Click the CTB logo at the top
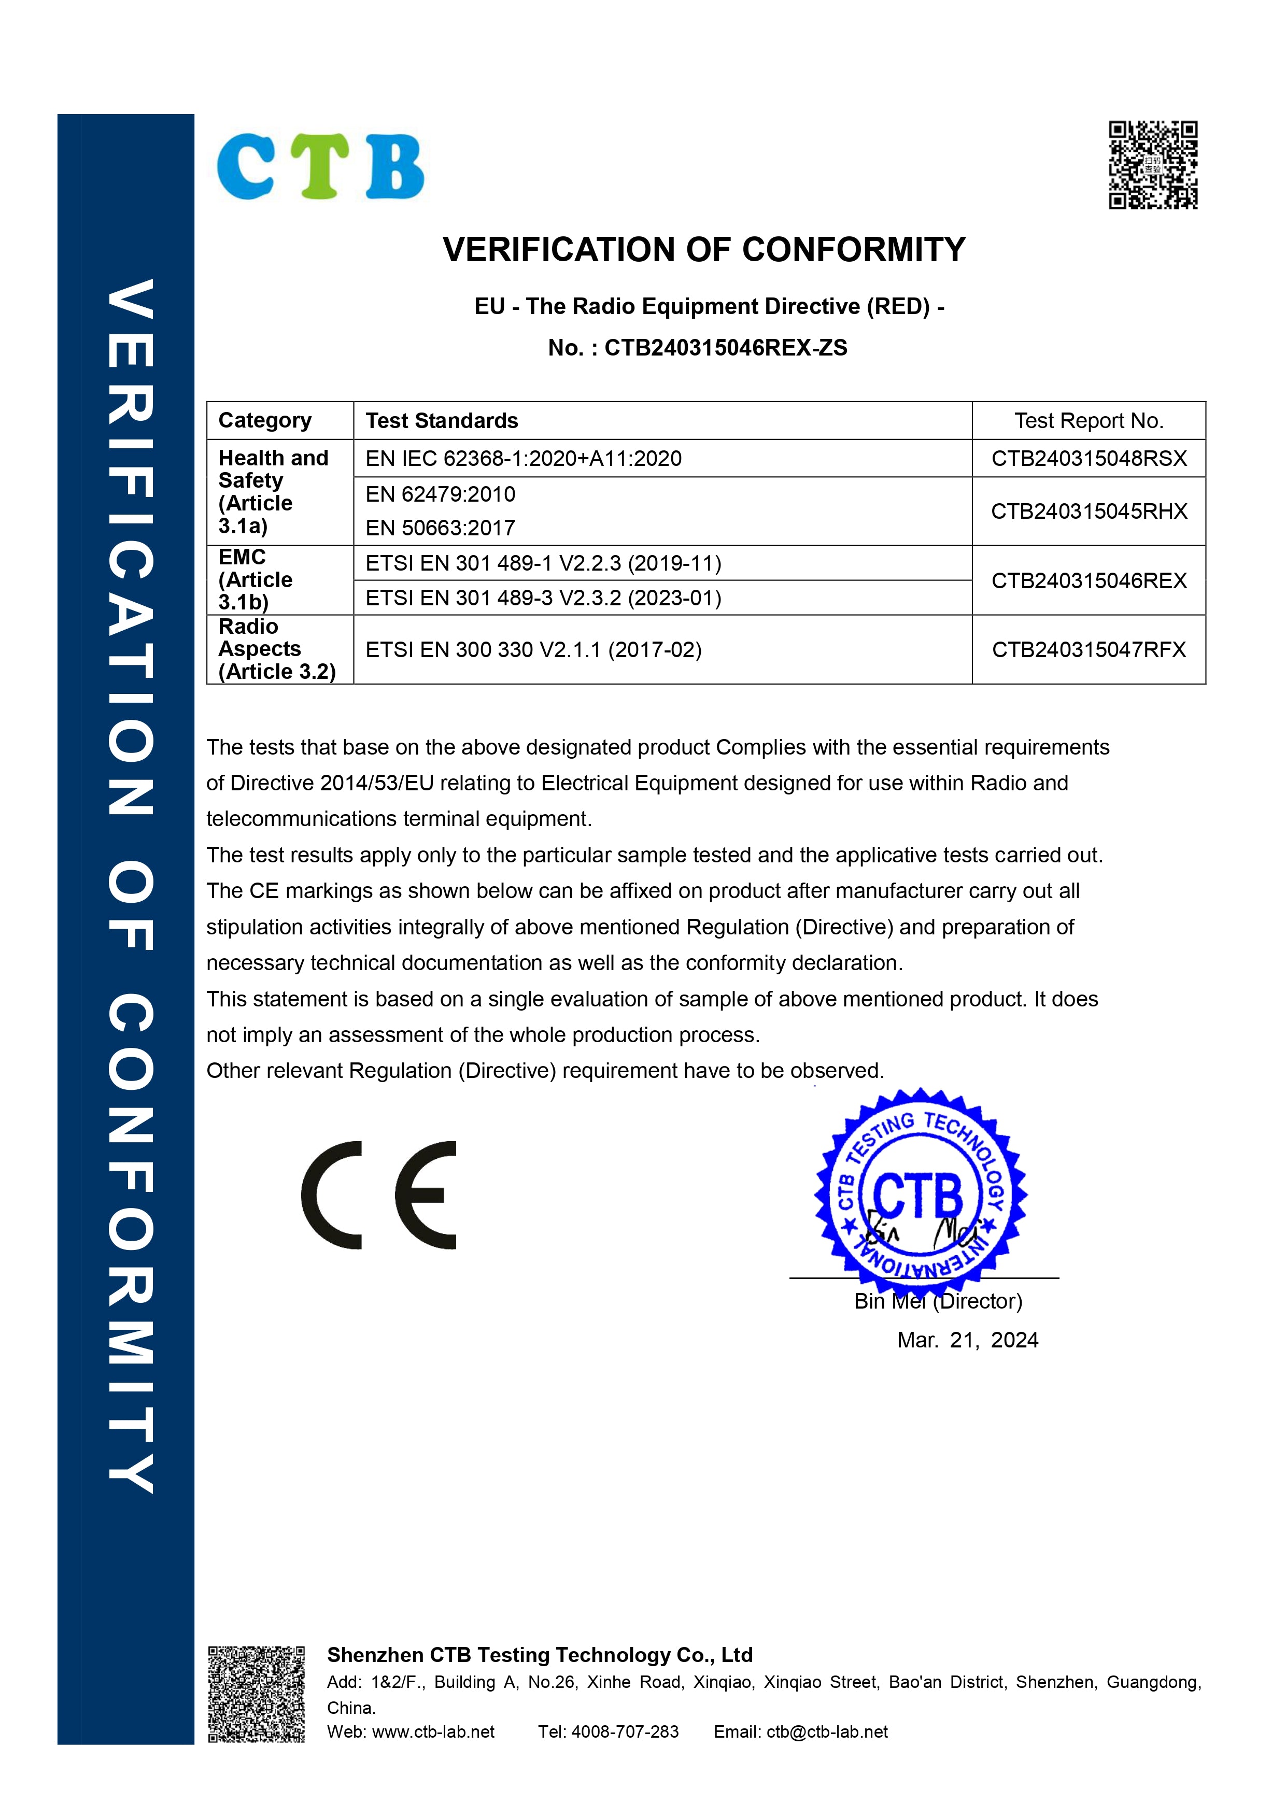click(321, 166)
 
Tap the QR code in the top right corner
click(1152, 165)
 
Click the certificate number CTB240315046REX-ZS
click(725, 348)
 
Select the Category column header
click(265, 420)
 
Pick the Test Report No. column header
click(1089, 420)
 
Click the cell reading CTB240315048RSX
click(1089, 459)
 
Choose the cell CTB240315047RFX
click(1089, 650)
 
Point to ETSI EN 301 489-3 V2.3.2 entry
click(543, 598)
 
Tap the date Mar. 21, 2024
click(967, 1340)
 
